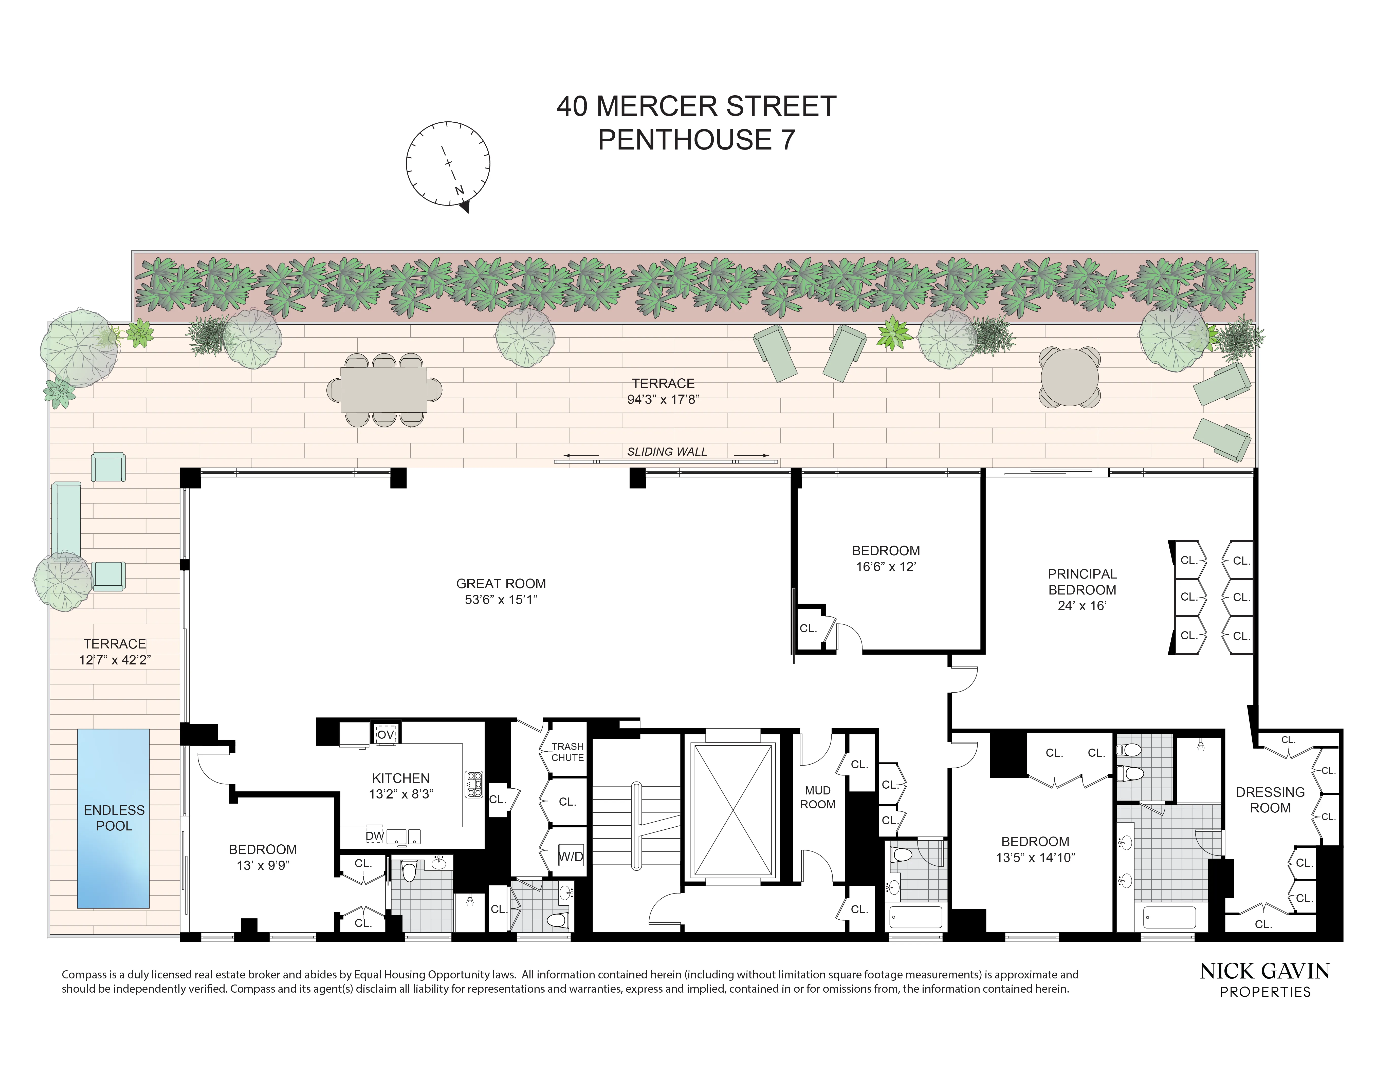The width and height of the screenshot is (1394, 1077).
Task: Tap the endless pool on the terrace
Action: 114,818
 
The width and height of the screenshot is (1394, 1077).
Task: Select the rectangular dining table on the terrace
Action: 384,389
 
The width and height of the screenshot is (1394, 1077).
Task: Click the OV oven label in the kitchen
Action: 386,734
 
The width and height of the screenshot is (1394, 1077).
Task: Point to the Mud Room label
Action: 818,797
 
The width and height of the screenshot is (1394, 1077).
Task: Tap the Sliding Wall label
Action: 667,452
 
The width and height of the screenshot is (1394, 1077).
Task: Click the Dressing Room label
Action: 1270,800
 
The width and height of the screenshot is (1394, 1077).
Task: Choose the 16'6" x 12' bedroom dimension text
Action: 886,567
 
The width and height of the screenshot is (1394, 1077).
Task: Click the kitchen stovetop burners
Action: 474,784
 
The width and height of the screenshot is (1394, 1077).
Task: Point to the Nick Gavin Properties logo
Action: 1265,979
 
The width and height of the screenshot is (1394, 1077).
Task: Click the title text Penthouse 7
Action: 696,140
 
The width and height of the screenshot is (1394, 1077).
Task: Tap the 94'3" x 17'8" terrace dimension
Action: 663,399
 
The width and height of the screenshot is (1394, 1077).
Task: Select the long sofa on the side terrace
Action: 66,519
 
